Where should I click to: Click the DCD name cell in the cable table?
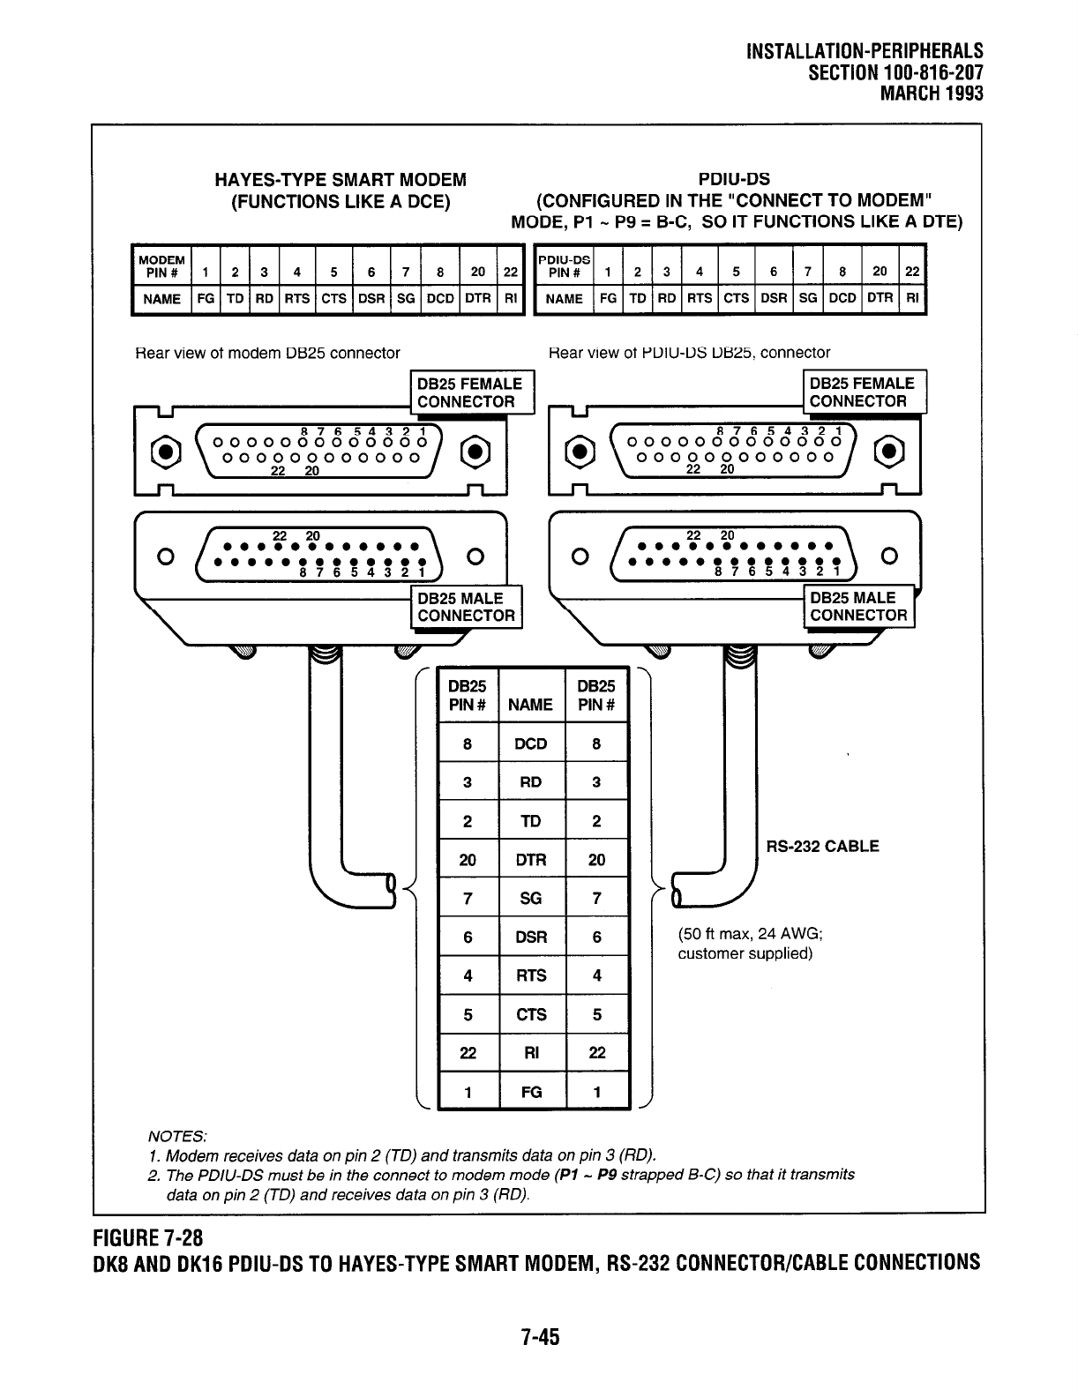tap(531, 743)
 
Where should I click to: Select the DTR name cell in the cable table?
tap(531, 860)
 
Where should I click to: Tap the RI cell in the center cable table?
tap(531, 1052)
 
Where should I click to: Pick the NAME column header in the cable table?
tap(531, 704)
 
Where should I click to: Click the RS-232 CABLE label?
tap(822, 847)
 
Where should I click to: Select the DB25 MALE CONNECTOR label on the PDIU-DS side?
tap(858, 607)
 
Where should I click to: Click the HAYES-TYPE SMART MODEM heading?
tap(341, 181)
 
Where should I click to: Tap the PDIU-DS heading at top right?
tap(745, 181)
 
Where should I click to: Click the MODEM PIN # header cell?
tap(161, 265)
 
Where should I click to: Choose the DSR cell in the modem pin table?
tap(371, 299)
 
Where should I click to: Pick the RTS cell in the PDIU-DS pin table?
tap(700, 299)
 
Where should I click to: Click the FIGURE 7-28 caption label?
tap(148, 1235)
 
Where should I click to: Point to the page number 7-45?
tap(539, 1338)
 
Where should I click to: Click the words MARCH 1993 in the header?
tap(932, 93)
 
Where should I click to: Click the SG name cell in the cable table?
tap(531, 899)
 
